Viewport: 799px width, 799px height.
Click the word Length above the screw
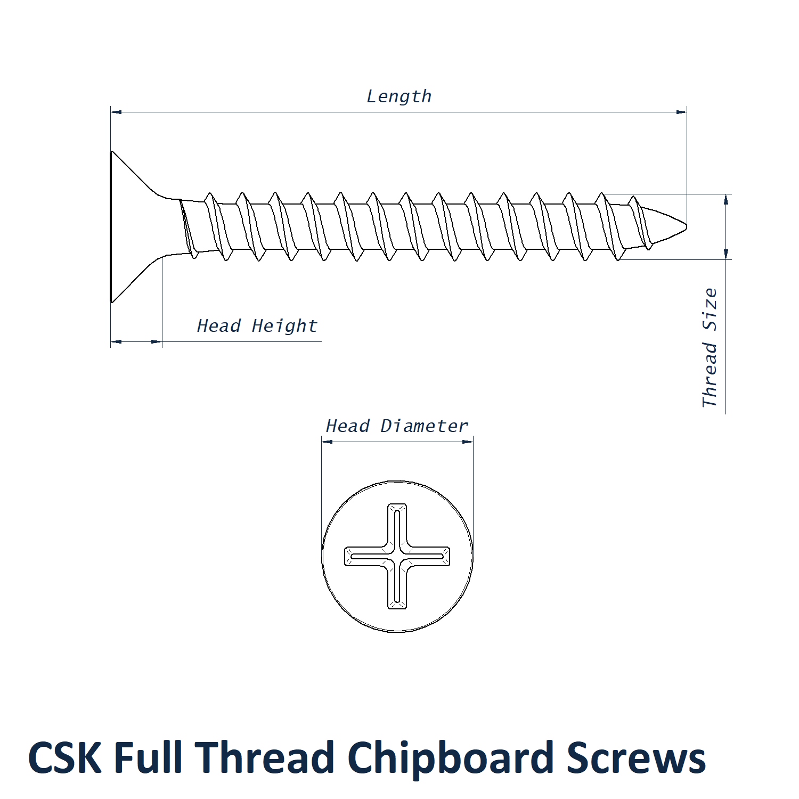click(x=398, y=96)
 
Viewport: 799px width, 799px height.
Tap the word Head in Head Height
click(x=218, y=325)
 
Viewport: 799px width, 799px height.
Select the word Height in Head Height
click(x=284, y=325)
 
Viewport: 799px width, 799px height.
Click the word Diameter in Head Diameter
click(x=424, y=426)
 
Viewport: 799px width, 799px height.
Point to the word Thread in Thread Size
click(x=710, y=375)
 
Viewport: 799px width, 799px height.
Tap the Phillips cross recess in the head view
click(x=397, y=556)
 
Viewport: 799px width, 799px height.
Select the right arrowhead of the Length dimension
click(x=681, y=112)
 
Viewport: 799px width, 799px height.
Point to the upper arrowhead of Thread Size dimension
click(x=725, y=200)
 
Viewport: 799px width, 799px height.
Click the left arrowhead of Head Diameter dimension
click(x=327, y=441)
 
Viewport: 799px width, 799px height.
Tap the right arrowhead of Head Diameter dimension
click(x=468, y=441)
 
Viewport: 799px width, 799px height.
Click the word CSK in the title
click(x=64, y=757)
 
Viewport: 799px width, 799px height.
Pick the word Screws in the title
click(x=636, y=757)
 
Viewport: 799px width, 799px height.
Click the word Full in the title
click(x=148, y=757)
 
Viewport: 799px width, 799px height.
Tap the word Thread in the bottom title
click(x=265, y=757)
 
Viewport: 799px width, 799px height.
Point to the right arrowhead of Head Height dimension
click(x=157, y=341)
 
